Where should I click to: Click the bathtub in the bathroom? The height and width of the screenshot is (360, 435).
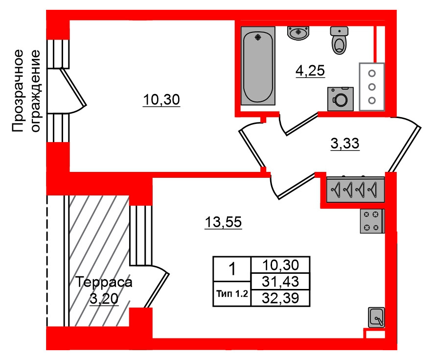(258, 66)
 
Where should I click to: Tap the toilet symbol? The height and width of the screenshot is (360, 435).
(339, 40)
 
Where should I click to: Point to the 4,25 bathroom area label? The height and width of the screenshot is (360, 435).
(310, 72)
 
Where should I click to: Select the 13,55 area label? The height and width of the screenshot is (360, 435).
(223, 222)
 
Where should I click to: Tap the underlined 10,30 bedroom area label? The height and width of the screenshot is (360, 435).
(162, 100)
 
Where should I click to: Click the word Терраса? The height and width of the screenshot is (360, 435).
(104, 283)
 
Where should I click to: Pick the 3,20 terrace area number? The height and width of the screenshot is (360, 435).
(104, 298)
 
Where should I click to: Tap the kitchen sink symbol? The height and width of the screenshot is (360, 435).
(376, 318)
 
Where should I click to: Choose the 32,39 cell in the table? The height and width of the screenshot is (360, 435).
(279, 297)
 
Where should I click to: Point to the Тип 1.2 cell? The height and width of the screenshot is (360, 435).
(232, 294)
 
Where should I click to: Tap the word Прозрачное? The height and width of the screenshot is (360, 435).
(18, 91)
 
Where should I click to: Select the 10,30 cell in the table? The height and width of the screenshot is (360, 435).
(279, 265)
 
